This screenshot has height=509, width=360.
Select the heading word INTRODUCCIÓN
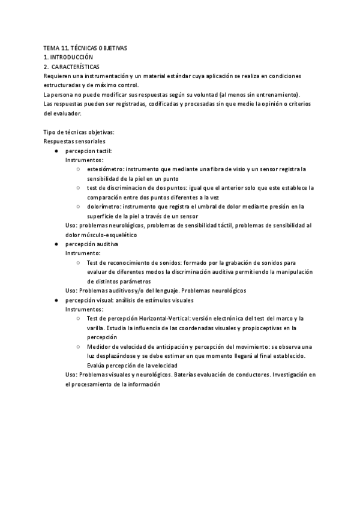coord(72,56)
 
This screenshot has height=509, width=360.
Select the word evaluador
coord(58,113)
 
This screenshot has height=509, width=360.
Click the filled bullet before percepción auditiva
coord(56,244)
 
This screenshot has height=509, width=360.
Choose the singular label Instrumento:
coord(83,253)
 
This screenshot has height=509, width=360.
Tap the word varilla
coord(97,328)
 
